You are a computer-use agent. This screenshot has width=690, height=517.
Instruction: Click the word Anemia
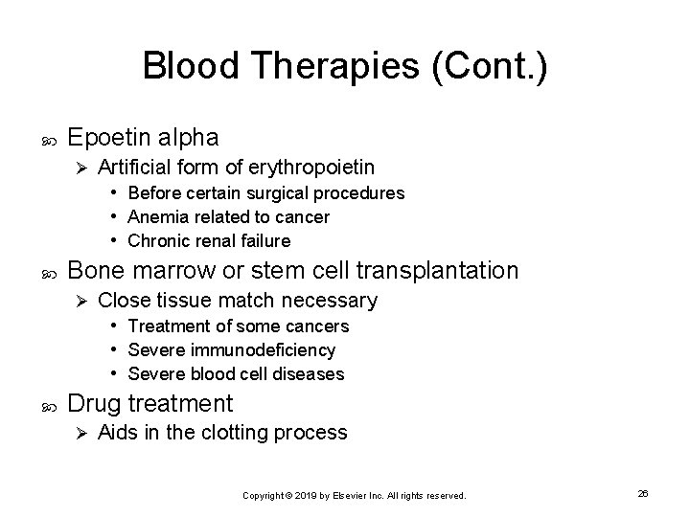pos(154,217)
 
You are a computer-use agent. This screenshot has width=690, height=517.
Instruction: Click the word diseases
pos(310,373)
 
